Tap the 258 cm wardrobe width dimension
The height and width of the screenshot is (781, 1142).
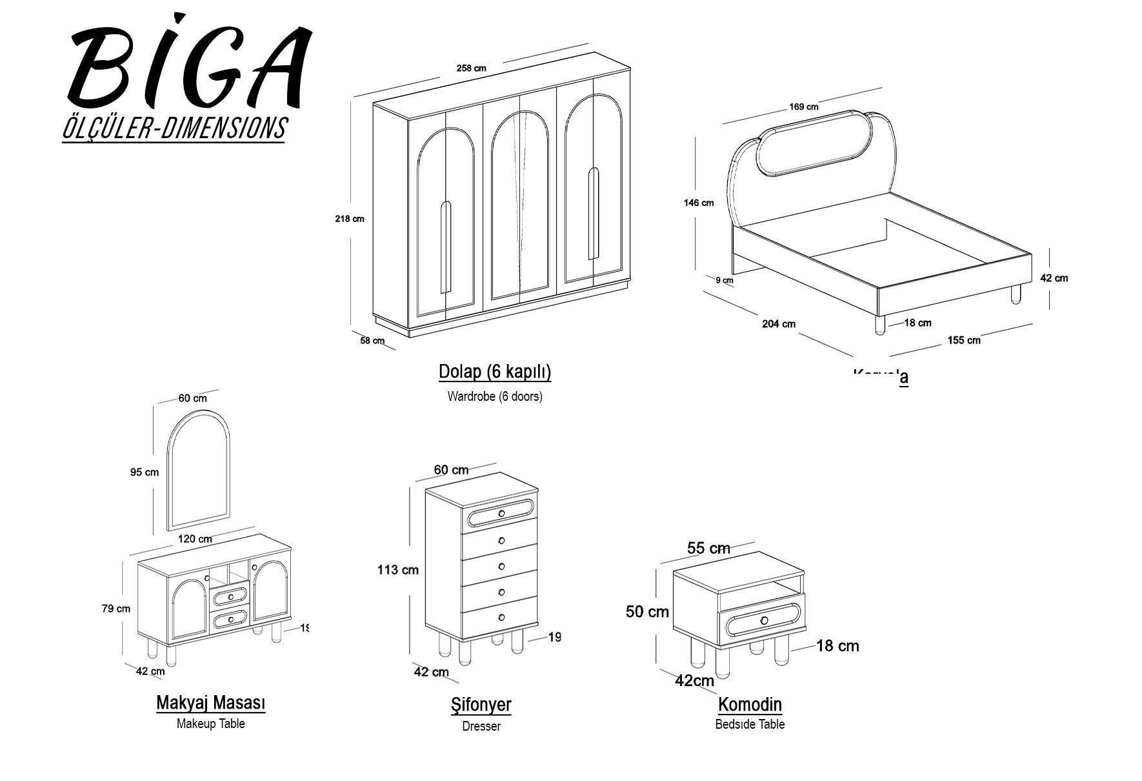pyautogui.click(x=471, y=68)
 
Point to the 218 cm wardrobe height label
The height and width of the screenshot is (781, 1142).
pyautogui.click(x=349, y=219)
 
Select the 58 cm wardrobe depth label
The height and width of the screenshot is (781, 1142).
pyautogui.click(x=372, y=340)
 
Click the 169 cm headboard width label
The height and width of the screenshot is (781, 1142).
pyautogui.click(x=803, y=107)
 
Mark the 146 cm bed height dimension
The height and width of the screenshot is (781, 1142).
pyautogui.click(x=699, y=203)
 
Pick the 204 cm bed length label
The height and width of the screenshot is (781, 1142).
pyautogui.click(x=778, y=324)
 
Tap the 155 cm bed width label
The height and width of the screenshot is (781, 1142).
pyautogui.click(x=963, y=340)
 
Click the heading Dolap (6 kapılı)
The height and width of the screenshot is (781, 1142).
pyautogui.click(x=495, y=372)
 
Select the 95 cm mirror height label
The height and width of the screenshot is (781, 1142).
pyautogui.click(x=145, y=472)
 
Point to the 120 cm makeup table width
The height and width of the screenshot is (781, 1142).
pyautogui.click(x=195, y=539)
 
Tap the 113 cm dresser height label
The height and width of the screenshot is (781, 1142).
pyautogui.click(x=397, y=570)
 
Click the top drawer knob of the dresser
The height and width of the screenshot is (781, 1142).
pyautogui.click(x=501, y=514)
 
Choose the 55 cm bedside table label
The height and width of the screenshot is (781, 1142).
pyautogui.click(x=708, y=549)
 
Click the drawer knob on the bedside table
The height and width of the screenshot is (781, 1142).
pyautogui.click(x=765, y=620)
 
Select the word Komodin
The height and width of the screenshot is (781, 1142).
pyautogui.click(x=750, y=704)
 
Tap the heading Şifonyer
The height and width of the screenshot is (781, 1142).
pyautogui.click(x=481, y=705)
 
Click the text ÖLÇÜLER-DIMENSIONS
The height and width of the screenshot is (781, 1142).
pyautogui.click(x=174, y=128)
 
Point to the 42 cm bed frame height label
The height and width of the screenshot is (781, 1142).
pyautogui.click(x=1054, y=278)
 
